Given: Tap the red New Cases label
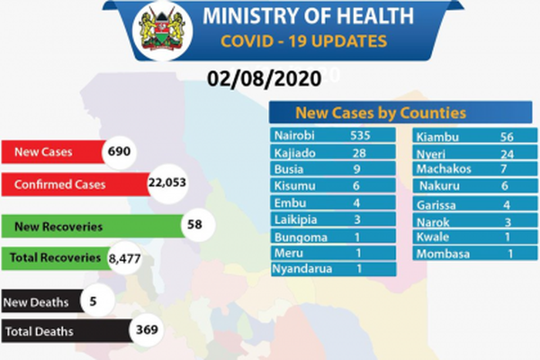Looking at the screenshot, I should (43, 152).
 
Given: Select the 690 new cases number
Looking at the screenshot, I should (120, 152).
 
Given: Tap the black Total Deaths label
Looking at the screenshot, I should (39, 331).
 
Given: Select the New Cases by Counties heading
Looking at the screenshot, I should (381, 113).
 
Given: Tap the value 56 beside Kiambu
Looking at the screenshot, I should (507, 138).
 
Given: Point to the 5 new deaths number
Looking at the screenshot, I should (93, 301).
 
